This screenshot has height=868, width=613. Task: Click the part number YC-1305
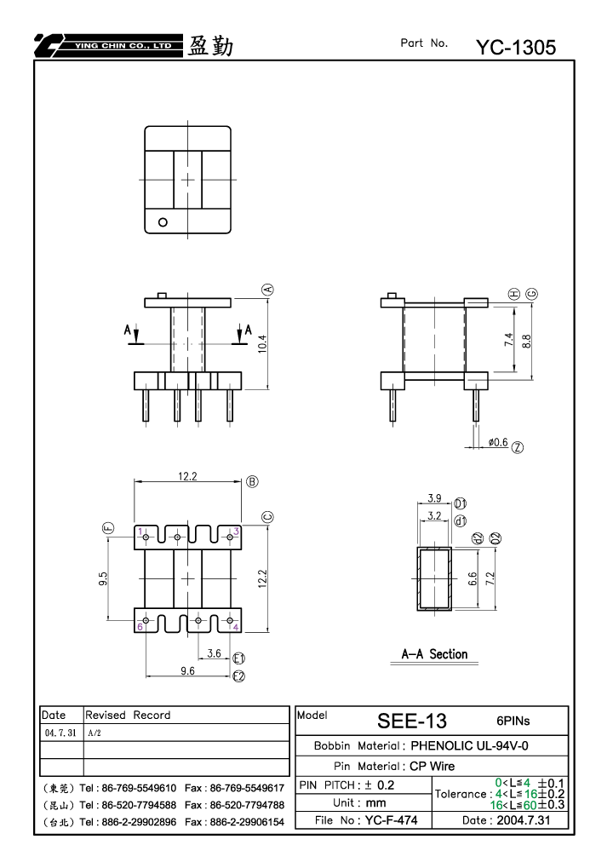pyautogui.click(x=516, y=48)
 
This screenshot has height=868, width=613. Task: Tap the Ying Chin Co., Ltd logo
pyautogui.click(x=108, y=45)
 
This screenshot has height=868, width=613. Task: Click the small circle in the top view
pyautogui.click(x=163, y=222)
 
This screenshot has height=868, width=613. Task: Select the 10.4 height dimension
pyautogui.click(x=262, y=344)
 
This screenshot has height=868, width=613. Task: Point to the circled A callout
pyautogui.click(x=268, y=290)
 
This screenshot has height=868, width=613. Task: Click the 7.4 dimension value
pyautogui.click(x=509, y=339)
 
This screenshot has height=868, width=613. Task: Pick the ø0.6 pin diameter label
pyautogui.click(x=498, y=442)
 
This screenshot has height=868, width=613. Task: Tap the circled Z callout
pyautogui.click(x=518, y=447)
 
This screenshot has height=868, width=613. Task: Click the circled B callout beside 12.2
pyautogui.click(x=252, y=481)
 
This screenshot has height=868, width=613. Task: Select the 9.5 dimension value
pyautogui.click(x=103, y=579)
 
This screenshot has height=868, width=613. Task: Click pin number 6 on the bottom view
pyautogui.click(x=140, y=627)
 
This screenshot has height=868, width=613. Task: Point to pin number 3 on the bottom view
pyautogui.click(x=236, y=532)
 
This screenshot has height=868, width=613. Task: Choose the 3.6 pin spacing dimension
pyautogui.click(x=214, y=653)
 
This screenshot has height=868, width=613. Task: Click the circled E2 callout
pyautogui.click(x=238, y=675)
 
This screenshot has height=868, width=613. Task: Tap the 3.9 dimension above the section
pyautogui.click(x=434, y=498)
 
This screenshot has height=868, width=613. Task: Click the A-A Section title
pyautogui.click(x=434, y=654)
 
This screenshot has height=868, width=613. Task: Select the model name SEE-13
pyautogui.click(x=411, y=721)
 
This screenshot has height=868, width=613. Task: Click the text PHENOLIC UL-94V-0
pyautogui.click(x=469, y=745)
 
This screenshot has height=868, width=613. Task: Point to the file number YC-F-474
pyautogui.click(x=391, y=819)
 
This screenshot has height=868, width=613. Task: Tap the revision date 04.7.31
pyautogui.click(x=60, y=733)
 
